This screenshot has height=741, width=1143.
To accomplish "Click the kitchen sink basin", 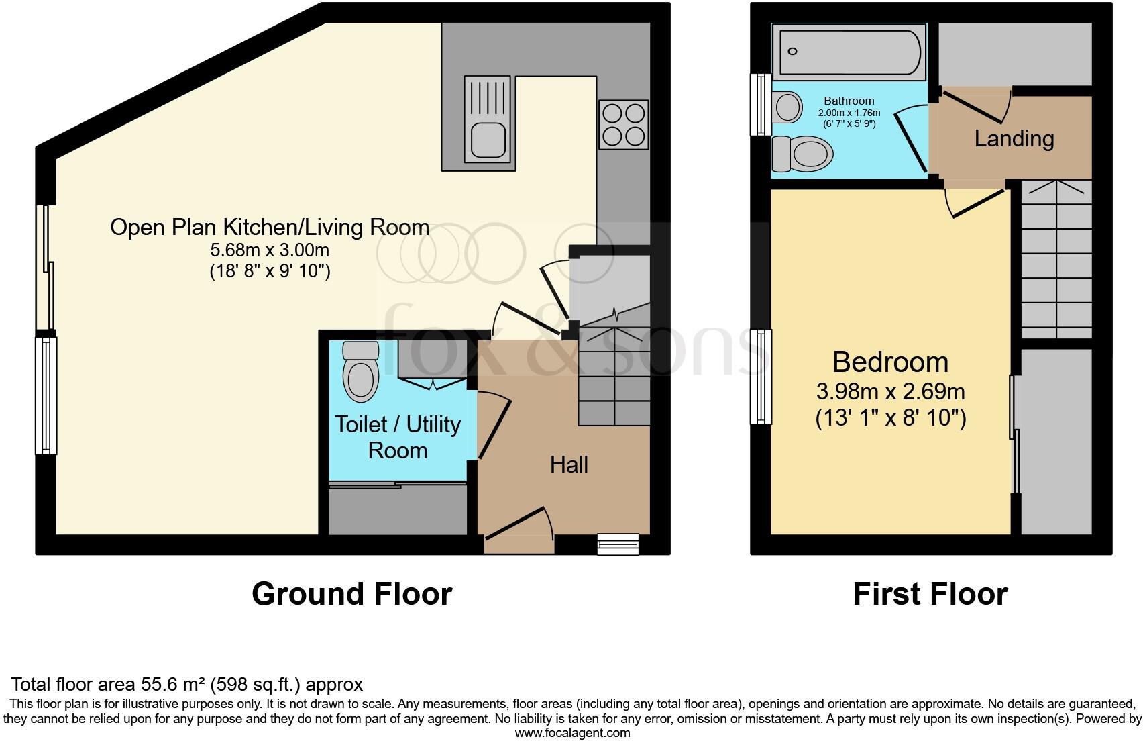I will pos(488,140).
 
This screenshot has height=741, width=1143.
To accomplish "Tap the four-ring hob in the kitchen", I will pos(623,125).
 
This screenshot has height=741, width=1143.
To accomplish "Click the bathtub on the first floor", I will pos(849,52).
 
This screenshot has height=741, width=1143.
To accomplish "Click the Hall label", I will pos(569,464).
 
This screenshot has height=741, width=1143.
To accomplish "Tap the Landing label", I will pos(1014,139).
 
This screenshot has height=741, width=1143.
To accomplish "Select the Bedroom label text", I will pos(890,362).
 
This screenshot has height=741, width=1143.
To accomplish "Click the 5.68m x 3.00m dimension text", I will pos(270,250).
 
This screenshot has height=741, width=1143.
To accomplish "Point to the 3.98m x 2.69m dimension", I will pos(890,391).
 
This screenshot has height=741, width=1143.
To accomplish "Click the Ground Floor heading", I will pos(351,594).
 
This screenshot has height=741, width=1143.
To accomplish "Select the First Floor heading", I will pos(930,594).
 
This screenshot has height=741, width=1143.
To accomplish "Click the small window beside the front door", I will pos(618,544).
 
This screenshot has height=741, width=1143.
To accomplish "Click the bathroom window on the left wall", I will pos(761,104).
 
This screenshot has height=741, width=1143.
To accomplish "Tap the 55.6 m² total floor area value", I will pos(173,685).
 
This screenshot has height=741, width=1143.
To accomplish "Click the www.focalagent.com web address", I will pos(572,733).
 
